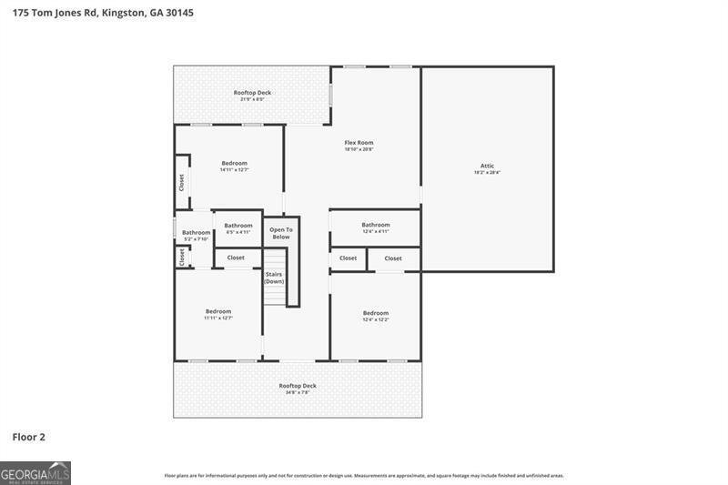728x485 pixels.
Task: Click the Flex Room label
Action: pos(359,143)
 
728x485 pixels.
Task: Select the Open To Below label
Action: pos(281,233)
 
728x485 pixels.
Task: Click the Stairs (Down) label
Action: pos(274,278)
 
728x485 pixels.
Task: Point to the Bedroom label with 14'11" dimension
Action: pos(234,163)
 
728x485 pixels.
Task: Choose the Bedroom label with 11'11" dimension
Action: pos(218,311)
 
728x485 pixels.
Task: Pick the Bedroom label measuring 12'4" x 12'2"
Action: pos(376,313)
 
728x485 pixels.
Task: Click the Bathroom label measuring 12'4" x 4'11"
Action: pos(375,225)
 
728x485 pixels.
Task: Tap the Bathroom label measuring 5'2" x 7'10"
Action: pos(196,233)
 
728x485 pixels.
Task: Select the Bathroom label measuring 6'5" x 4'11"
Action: pos(238,226)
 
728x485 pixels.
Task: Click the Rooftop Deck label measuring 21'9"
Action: pos(252,93)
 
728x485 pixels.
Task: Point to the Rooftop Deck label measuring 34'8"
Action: pos(298,386)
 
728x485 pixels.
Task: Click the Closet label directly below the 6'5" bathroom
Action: pos(236,258)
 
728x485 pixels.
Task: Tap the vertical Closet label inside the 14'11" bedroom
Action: pos(181,182)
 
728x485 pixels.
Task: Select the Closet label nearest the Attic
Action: pos(393,258)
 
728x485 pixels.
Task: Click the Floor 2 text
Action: pos(28,437)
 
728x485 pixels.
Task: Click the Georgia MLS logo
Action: pos(35,473)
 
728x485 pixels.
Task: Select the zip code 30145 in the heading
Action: pos(180,13)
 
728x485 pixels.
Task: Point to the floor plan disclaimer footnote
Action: pos(364,475)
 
